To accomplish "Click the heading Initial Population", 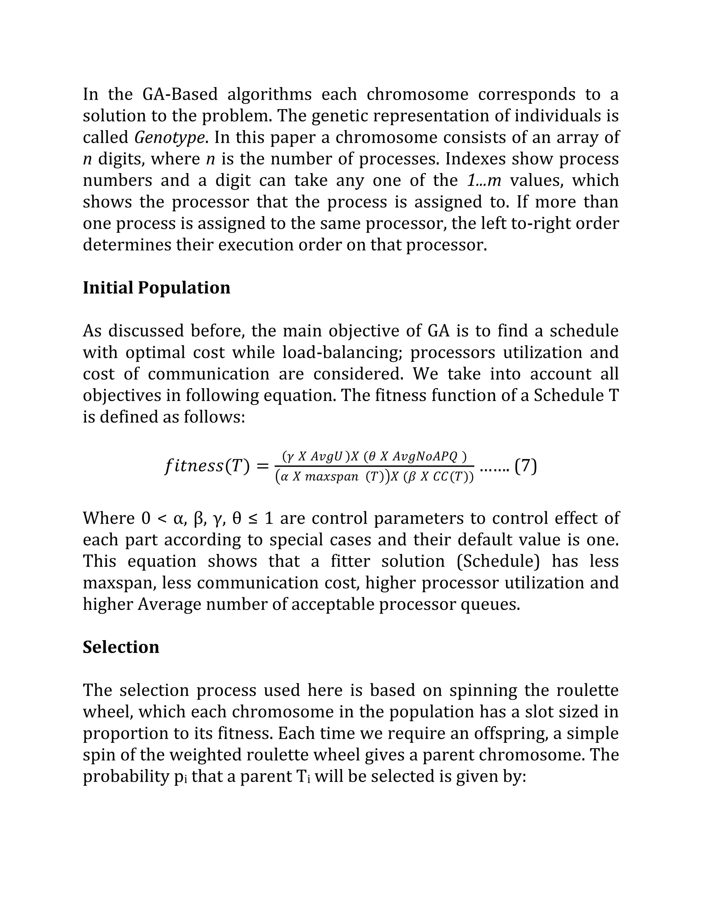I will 156,288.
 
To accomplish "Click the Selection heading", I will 121,647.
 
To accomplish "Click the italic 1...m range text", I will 484,181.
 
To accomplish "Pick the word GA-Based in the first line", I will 180,94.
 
